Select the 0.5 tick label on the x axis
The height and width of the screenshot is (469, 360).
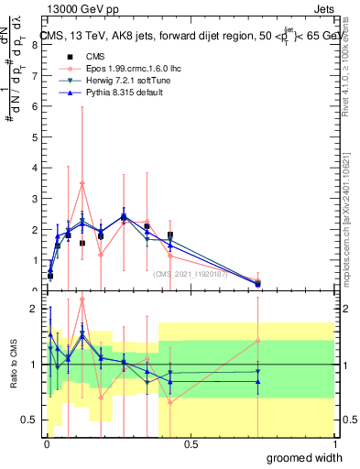190,443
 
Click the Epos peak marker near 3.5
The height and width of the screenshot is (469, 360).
82,183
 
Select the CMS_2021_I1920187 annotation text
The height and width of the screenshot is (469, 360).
192,272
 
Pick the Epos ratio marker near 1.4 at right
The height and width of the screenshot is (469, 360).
258,341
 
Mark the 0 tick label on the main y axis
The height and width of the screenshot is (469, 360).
34,290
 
